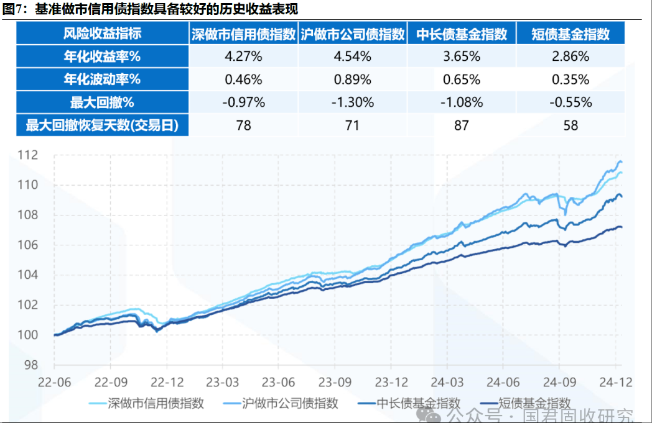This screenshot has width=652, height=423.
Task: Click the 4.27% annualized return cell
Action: click(243, 57)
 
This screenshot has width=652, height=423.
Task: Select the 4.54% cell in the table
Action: click(353, 57)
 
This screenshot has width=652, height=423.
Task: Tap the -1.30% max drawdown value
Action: click(353, 102)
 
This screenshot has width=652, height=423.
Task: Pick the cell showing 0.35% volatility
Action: click(570, 80)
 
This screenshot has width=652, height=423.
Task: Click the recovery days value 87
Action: click(461, 125)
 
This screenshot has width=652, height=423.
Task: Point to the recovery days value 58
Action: click(570, 125)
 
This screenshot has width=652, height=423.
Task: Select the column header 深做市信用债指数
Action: click(243, 34)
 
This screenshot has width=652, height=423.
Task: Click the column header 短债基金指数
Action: click(570, 34)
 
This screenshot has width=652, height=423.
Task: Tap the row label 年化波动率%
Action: click(103, 80)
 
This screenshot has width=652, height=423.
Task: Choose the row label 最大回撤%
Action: click(103, 102)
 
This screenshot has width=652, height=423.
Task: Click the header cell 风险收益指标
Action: click(103, 34)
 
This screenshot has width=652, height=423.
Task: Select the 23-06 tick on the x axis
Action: click(278, 381)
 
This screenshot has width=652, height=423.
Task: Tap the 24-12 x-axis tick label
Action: click(615, 381)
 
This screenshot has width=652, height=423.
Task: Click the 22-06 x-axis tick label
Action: click(55, 381)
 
